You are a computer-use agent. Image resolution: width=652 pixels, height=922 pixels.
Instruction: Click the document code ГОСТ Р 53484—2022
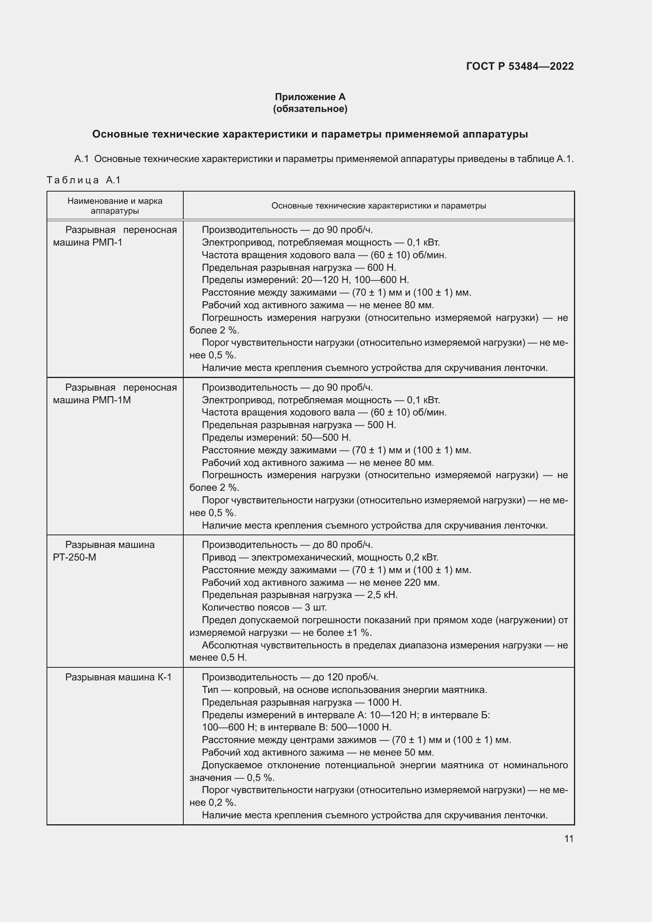(x=520, y=66)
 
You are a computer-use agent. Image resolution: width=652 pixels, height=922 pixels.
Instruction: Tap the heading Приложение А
(x=310, y=97)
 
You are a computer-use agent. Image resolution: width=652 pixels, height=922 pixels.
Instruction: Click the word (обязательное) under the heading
(x=310, y=109)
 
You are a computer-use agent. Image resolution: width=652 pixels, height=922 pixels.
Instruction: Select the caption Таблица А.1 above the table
(x=84, y=180)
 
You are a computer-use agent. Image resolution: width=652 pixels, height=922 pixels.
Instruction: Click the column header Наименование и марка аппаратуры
(x=115, y=206)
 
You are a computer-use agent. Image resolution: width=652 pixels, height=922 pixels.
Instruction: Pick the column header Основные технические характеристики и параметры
(x=378, y=206)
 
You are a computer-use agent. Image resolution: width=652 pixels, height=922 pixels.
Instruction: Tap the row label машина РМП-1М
(x=92, y=400)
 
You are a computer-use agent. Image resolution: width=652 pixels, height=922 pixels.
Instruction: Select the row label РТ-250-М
(x=74, y=557)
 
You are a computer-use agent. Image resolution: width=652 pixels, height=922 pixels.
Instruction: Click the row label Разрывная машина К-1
(x=118, y=677)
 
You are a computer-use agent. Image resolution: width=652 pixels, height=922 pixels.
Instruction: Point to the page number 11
(x=568, y=838)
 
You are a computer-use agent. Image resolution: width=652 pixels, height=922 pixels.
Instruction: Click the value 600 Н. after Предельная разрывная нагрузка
(x=382, y=267)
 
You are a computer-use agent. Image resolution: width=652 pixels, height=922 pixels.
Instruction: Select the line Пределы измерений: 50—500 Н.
(x=276, y=437)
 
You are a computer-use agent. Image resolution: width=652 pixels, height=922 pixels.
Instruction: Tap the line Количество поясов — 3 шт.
(x=264, y=607)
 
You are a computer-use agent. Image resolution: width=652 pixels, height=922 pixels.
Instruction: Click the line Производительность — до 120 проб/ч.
(x=290, y=677)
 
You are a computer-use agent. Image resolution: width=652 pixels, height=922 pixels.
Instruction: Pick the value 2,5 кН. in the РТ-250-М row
(x=382, y=595)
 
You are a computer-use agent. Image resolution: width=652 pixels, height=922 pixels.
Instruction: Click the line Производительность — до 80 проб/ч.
(x=287, y=545)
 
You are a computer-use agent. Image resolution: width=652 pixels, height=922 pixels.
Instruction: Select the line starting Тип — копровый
(x=344, y=690)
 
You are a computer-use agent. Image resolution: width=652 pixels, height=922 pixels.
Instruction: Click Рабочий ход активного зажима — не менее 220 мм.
(x=320, y=582)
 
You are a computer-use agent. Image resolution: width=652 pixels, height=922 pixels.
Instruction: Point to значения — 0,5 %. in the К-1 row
(x=232, y=777)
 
